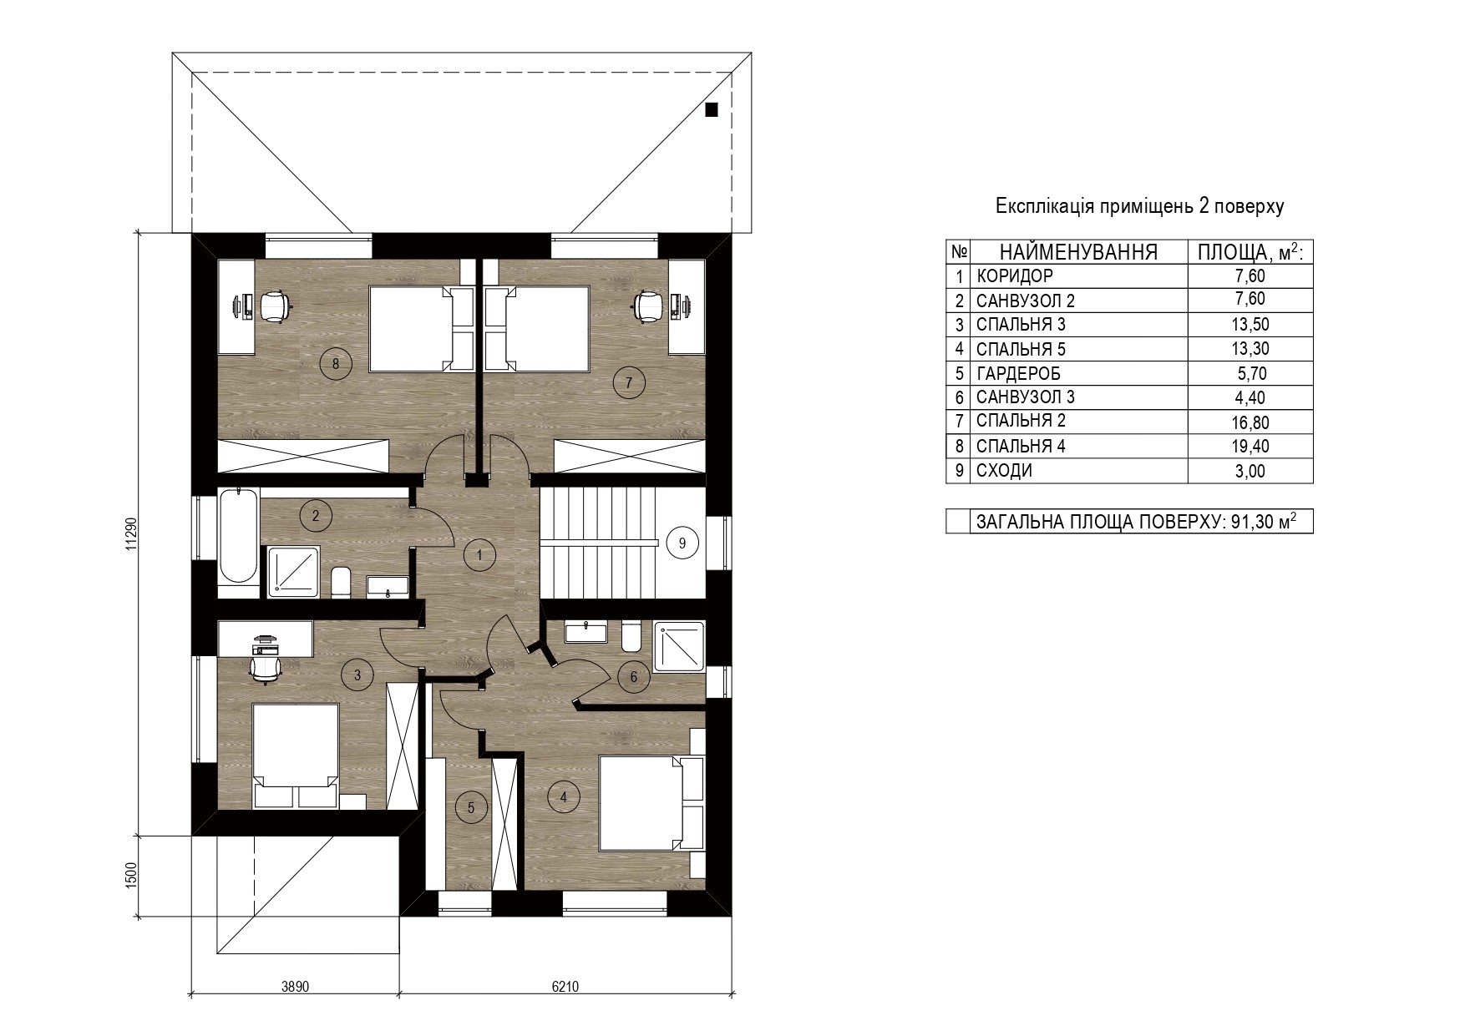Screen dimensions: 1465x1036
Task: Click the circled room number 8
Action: coord(336,363)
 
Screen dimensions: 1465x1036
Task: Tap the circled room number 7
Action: coord(629,382)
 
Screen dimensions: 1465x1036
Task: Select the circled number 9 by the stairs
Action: coord(682,543)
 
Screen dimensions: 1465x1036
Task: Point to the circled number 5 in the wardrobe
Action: coord(471,807)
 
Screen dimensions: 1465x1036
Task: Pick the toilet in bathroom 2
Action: coord(340,582)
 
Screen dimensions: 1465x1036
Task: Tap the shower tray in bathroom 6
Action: coord(679,645)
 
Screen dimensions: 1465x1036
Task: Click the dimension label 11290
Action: coord(140,535)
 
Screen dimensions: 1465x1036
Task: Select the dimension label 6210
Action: coord(565,986)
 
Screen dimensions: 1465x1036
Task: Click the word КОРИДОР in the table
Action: coord(1015,276)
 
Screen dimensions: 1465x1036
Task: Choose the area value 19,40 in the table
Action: coord(1250,447)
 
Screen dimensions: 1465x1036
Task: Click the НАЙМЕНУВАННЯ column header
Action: coord(1078,252)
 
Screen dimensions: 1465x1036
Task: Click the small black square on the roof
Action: coord(712,109)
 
